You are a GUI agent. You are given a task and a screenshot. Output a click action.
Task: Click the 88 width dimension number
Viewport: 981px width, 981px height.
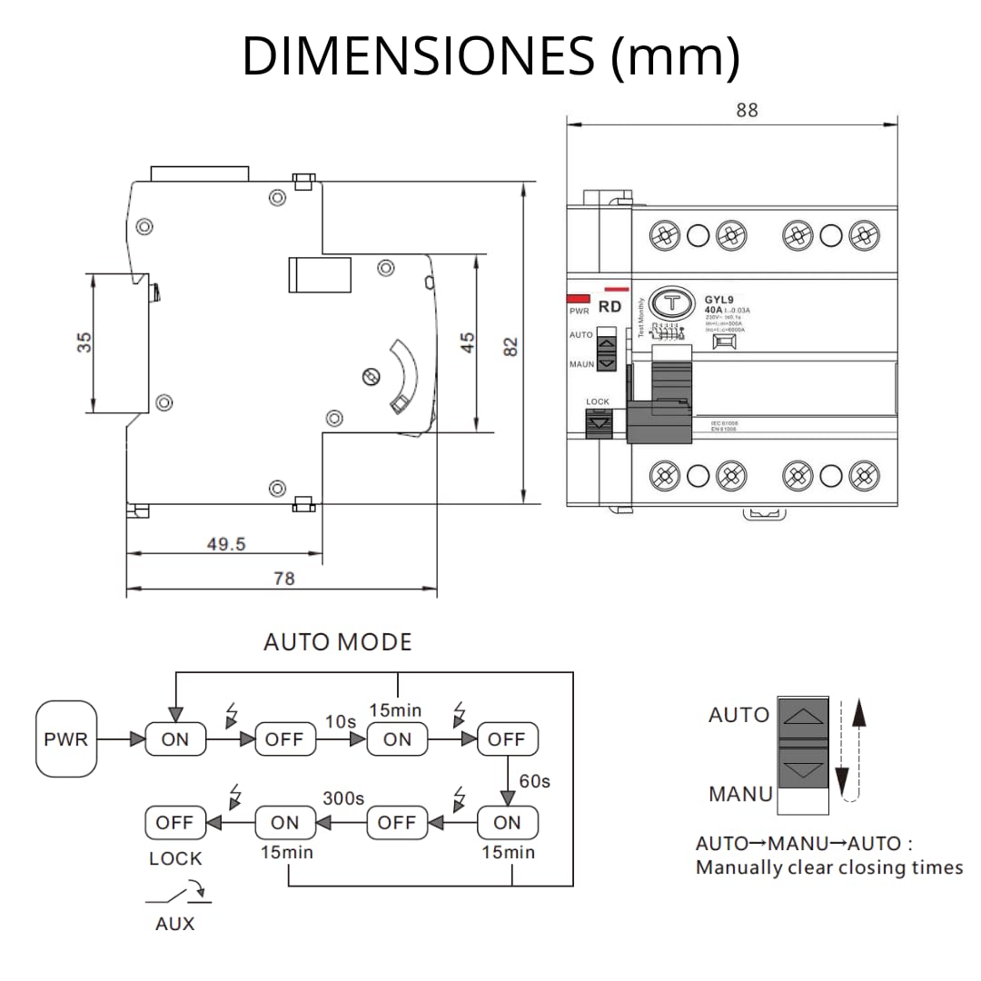pos(747,110)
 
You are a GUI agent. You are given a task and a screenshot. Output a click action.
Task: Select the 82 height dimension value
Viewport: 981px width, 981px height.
pos(510,345)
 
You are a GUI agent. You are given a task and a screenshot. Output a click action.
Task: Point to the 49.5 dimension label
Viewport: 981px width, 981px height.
pos(226,544)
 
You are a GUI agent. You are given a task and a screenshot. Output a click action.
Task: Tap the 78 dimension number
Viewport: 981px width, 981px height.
pos(283,579)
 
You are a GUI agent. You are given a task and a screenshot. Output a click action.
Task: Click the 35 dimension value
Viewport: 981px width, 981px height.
pos(84,342)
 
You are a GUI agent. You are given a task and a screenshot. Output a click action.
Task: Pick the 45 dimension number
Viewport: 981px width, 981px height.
pos(467,342)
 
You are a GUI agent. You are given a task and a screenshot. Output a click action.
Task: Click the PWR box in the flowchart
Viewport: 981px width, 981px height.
pos(66,738)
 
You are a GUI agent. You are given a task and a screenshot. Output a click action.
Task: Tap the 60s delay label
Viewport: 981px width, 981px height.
pos(534,780)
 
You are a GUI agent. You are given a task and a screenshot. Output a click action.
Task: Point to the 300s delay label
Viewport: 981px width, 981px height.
pos(343,799)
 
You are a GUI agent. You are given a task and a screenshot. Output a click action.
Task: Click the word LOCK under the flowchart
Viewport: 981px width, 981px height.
pos(175,858)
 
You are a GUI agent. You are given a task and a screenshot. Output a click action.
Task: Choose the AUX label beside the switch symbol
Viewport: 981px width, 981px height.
pos(174,924)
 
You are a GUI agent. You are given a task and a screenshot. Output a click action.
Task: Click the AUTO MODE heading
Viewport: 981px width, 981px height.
pos(337,642)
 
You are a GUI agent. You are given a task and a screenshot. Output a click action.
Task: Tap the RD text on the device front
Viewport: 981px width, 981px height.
pos(610,307)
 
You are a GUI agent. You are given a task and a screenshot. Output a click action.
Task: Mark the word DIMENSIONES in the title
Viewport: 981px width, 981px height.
pos(418,56)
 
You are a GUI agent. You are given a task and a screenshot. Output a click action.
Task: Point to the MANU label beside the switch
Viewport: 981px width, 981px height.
pos(740,794)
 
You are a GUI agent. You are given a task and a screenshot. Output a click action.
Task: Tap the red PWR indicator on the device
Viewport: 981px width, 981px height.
pos(577,298)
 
